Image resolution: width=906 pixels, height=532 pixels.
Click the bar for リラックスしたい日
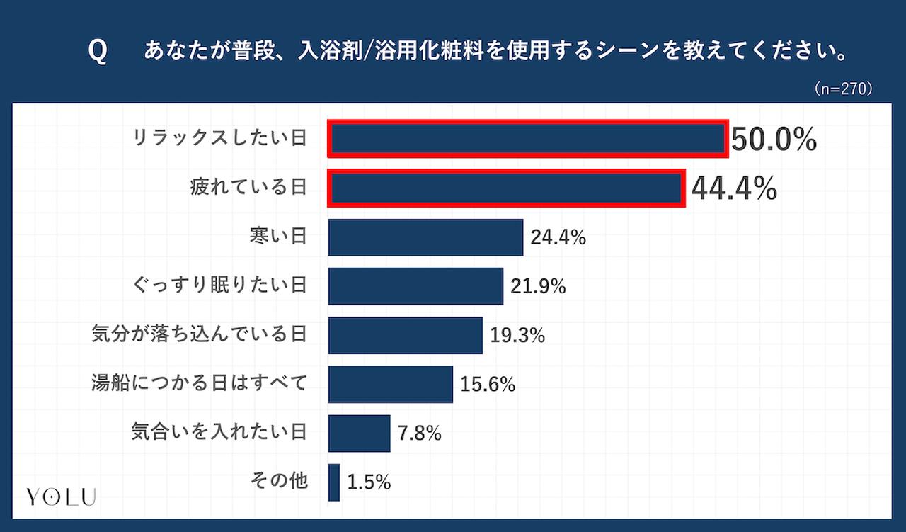[527, 139]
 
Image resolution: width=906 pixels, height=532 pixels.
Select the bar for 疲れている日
[507, 188]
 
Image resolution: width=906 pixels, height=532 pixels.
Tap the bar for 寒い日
[425, 237]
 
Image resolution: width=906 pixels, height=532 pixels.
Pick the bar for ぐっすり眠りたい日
[415, 285]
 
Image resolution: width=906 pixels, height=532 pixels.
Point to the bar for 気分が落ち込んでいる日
[405, 335]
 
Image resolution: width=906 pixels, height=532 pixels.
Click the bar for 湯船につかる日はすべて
[390, 384]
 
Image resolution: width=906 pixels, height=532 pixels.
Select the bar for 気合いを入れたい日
[359, 433]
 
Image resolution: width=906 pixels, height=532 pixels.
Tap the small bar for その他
[334, 482]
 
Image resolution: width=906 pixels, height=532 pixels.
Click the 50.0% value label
[774, 140]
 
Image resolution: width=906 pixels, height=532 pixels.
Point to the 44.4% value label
[734, 188]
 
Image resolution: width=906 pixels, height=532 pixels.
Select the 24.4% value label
[558, 237]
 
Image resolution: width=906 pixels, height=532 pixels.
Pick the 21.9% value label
[538, 286]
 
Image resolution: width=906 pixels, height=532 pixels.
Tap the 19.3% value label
[517, 335]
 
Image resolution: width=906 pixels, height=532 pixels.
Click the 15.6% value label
[488, 385]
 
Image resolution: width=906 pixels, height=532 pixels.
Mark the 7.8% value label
[420, 434]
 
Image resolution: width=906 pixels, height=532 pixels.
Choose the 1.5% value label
[369, 482]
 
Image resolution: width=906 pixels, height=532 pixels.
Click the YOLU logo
[61, 497]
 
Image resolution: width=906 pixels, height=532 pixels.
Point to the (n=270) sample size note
[842, 89]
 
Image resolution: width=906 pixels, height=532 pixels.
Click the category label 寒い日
[278, 237]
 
